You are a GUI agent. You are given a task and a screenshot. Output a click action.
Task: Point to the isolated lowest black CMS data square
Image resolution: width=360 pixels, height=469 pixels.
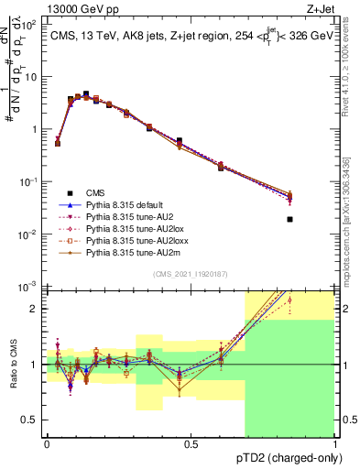coord(289,220)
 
